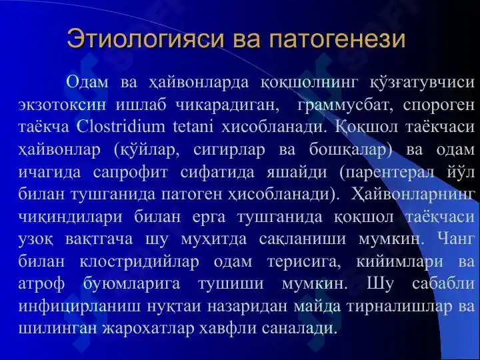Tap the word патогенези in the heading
(x=337, y=39)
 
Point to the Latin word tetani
(x=193, y=127)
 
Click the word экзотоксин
(x=63, y=105)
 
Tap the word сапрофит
(x=131, y=173)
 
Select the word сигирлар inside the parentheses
(x=229, y=149)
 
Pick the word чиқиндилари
(x=71, y=217)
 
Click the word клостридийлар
(x=139, y=262)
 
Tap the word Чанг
(x=456, y=239)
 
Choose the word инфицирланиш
(x=79, y=307)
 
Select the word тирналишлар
(x=399, y=307)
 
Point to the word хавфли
(x=228, y=329)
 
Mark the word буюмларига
(x=131, y=284)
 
